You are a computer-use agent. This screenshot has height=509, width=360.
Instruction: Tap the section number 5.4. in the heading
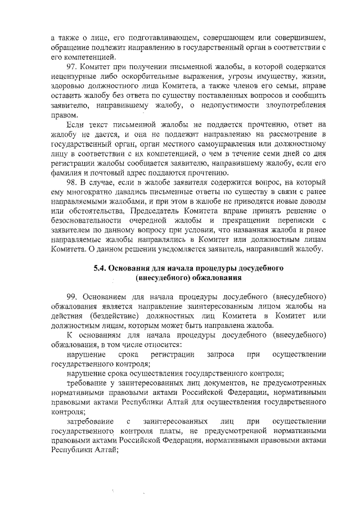click(x=101, y=268)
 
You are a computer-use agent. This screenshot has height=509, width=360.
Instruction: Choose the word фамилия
click(x=67, y=173)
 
